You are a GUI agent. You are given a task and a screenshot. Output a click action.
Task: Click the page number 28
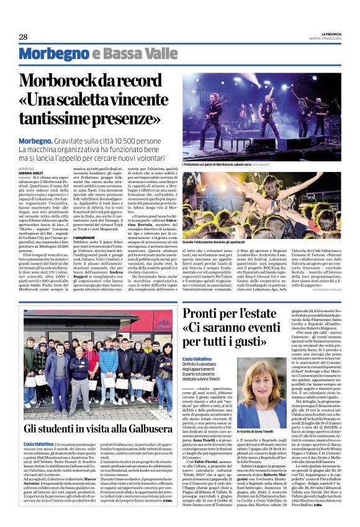pos(23,37)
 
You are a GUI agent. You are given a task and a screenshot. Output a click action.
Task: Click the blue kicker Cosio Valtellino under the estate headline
pos(197,359)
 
